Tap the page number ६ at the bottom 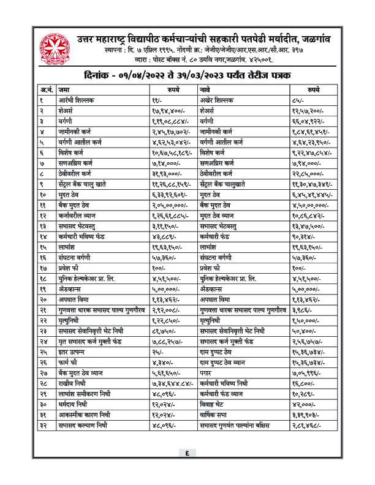(x=187, y=470)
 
